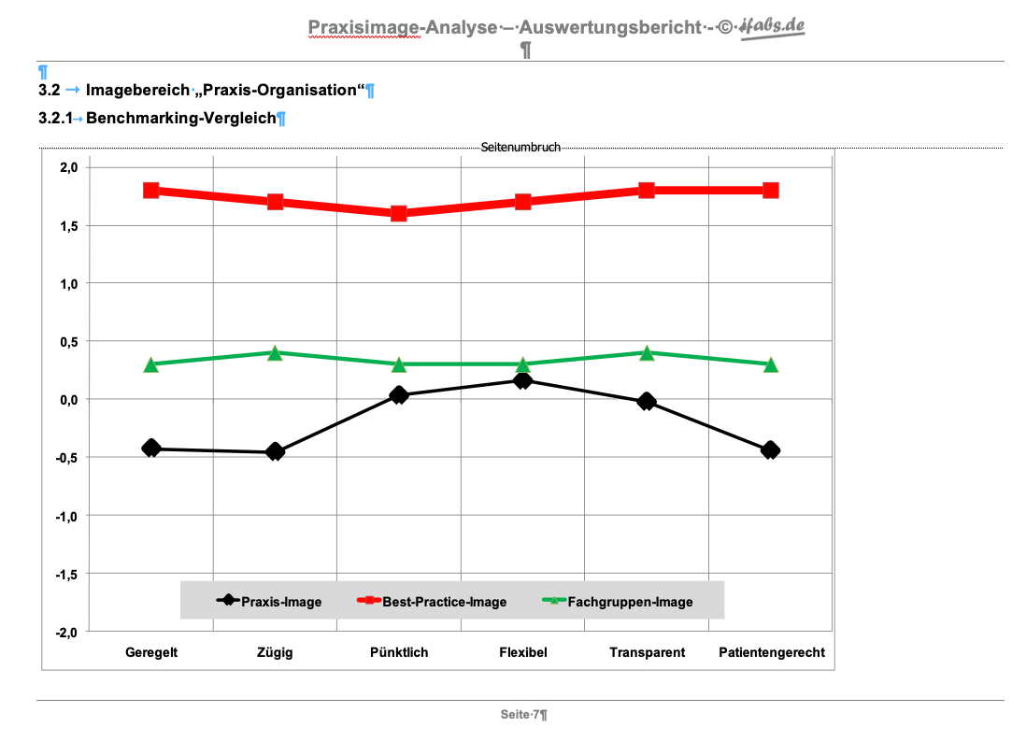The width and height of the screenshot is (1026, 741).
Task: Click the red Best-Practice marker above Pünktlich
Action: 399,213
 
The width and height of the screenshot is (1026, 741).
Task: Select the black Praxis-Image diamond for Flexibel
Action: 522,380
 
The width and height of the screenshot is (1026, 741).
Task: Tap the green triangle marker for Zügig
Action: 275,353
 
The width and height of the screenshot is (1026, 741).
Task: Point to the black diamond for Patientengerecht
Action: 770,450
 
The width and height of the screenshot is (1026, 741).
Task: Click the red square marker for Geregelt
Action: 151,191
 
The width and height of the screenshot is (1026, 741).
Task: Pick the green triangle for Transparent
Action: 647,353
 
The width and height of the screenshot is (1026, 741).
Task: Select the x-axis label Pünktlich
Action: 399,652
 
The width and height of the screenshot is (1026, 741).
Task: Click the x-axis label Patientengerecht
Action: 772,652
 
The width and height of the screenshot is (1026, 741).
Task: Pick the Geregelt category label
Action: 151,652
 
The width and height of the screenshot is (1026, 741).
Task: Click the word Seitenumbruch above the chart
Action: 520,148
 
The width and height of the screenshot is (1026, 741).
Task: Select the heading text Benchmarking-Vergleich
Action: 181,118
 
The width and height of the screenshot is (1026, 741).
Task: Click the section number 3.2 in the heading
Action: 49,91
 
